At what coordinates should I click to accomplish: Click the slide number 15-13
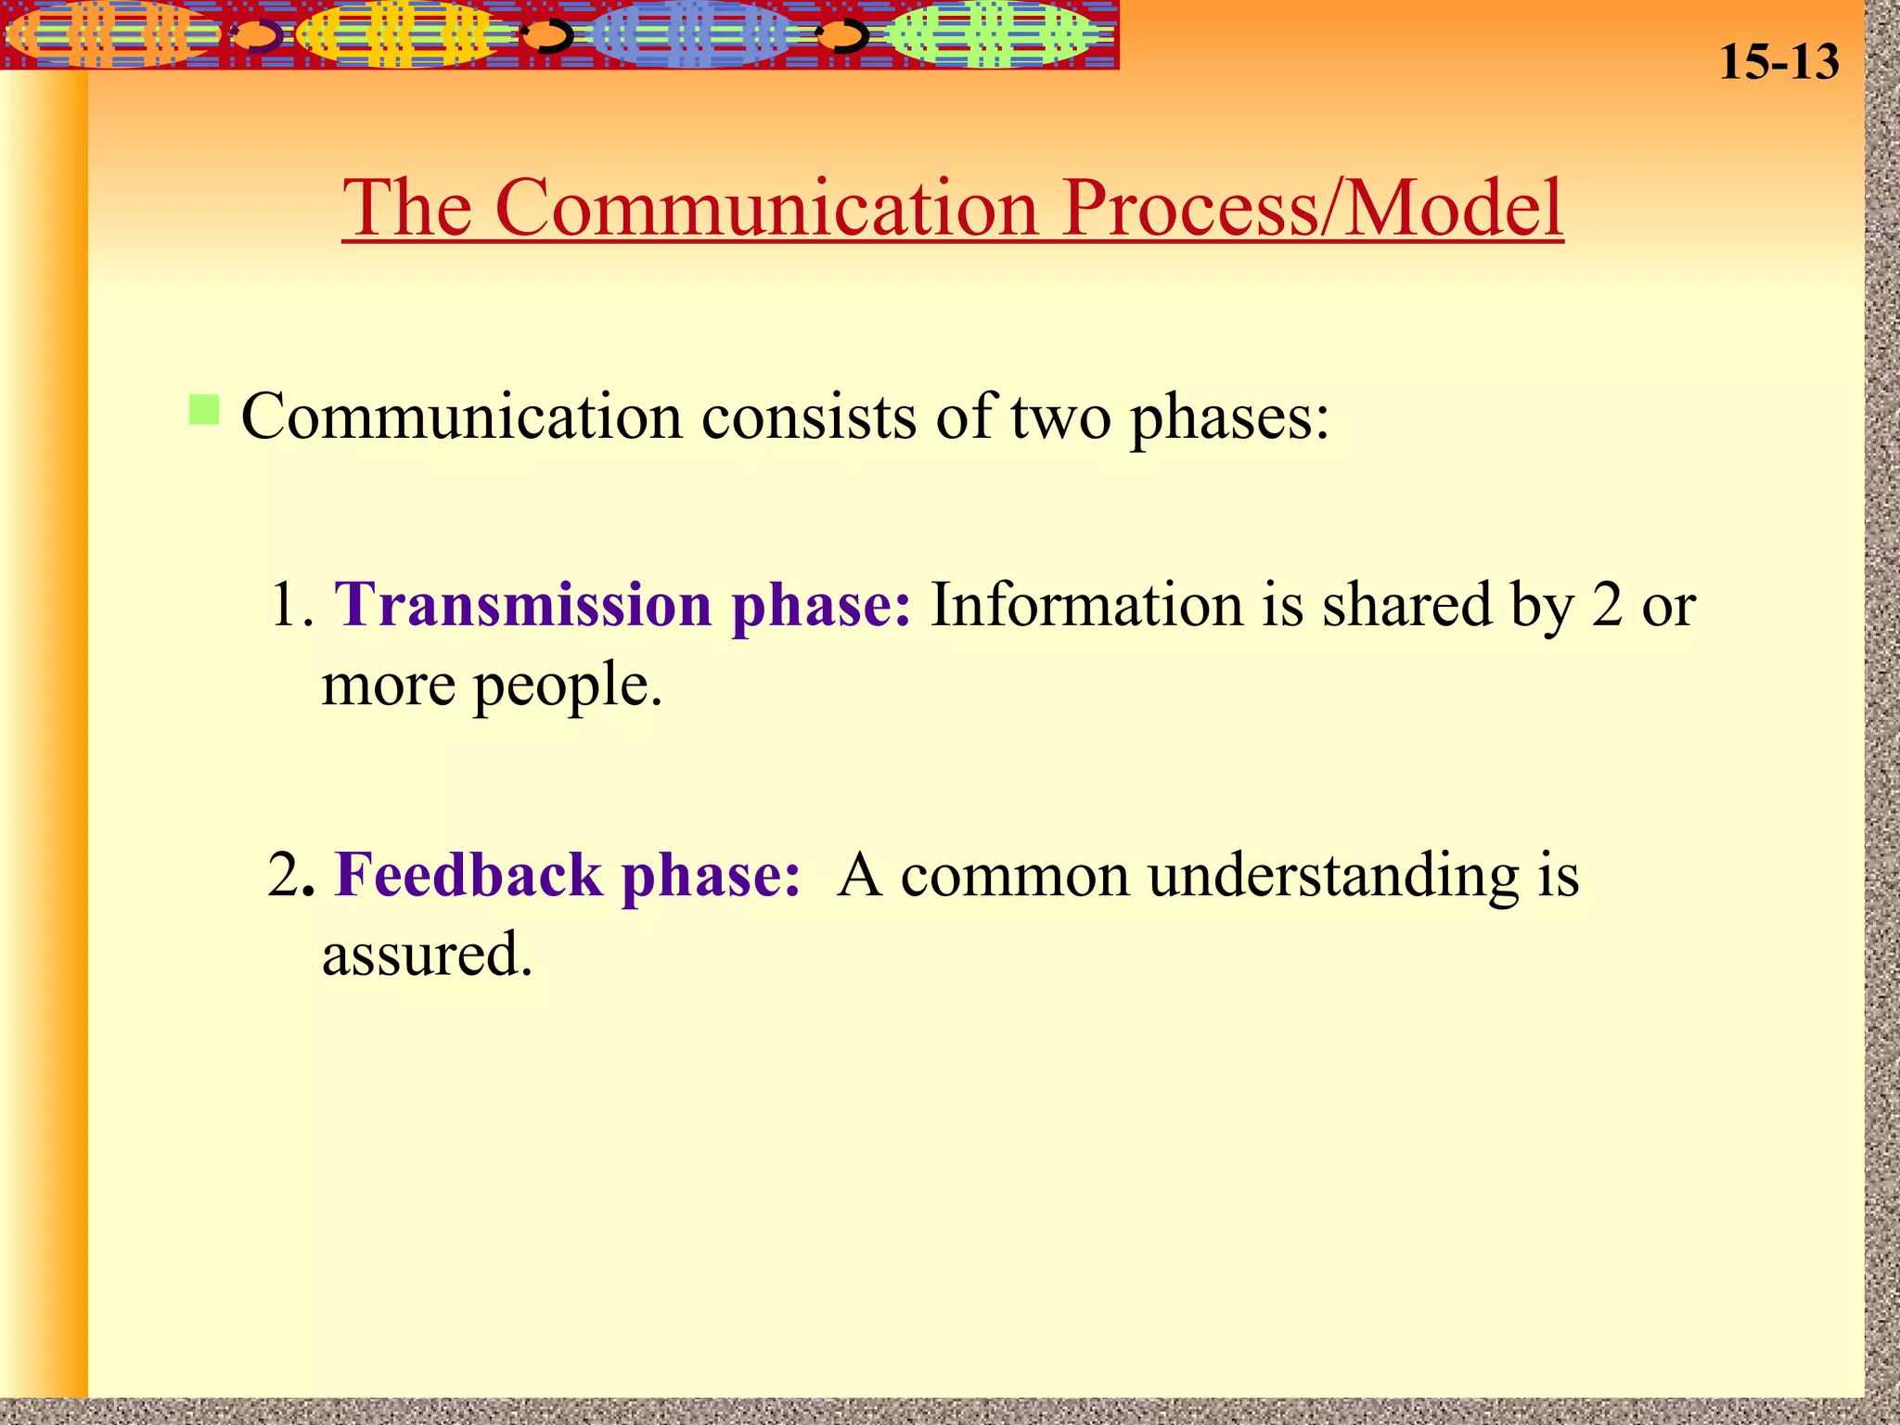coord(1778,62)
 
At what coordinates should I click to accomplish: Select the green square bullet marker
coord(203,409)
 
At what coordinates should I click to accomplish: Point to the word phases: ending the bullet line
coord(1229,418)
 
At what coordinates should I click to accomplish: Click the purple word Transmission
coord(522,605)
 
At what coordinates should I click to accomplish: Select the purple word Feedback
coord(468,875)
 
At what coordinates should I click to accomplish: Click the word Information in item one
coord(1085,605)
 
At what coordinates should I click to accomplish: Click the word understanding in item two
coord(1332,877)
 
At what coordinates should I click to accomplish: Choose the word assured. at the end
coord(427,955)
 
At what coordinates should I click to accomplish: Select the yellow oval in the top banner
coord(399,34)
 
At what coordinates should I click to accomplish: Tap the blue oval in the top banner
coord(691,34)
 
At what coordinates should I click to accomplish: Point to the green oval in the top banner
coord(988,34)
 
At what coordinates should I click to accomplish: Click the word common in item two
coord(1014,877)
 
